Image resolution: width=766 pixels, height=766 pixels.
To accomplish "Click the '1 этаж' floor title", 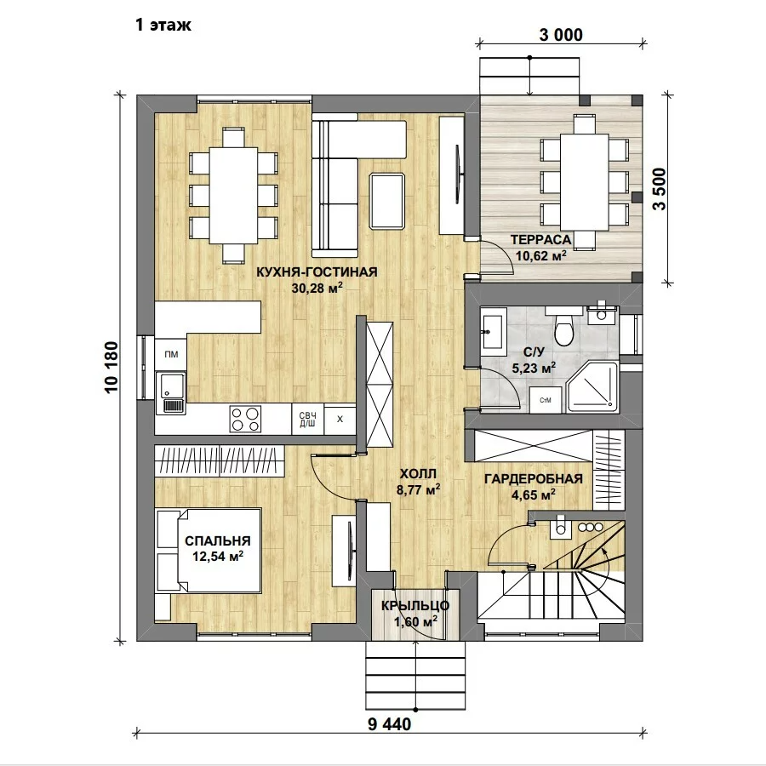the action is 163,25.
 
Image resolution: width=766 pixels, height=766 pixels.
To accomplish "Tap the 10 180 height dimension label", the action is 111,367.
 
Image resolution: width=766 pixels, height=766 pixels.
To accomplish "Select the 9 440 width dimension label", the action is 389,724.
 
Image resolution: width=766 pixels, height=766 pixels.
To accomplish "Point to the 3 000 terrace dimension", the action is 561,35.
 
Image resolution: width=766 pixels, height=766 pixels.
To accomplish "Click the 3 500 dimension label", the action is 659,189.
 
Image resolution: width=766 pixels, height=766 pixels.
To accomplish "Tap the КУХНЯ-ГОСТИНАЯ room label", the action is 317,272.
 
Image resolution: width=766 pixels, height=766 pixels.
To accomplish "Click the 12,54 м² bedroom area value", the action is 218,556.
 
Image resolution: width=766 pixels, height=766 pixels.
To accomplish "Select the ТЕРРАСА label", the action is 540,240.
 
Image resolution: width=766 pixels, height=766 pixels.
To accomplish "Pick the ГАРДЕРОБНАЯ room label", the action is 534,478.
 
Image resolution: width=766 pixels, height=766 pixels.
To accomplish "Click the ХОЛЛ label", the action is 418,474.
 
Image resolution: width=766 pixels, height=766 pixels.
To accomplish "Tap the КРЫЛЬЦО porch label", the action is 415,606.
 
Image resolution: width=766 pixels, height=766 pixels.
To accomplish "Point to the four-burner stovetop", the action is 245,419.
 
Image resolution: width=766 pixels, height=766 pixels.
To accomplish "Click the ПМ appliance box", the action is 171,354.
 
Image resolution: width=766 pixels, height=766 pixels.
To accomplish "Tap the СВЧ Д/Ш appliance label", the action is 307,420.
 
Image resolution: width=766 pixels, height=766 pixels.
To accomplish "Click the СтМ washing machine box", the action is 546,400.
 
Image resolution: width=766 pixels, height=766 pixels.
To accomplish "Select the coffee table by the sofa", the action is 387,201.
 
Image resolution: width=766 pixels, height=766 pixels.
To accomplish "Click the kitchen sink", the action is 170,392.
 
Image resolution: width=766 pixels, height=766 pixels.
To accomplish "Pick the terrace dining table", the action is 584,182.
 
